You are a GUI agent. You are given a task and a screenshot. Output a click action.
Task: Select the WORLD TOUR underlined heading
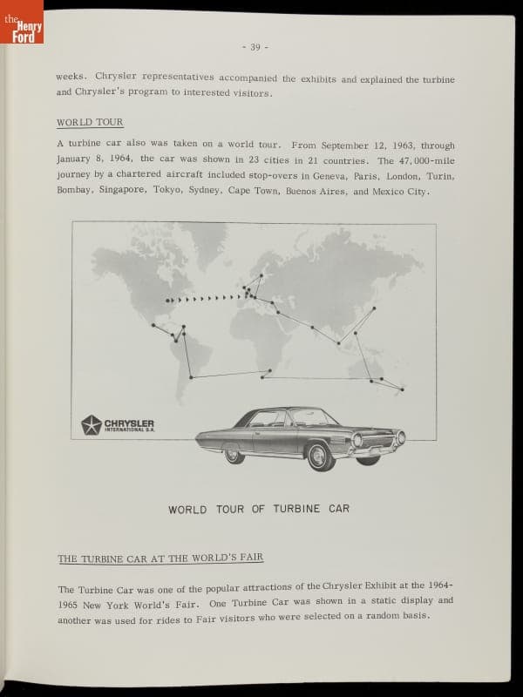click(x=90, y=122)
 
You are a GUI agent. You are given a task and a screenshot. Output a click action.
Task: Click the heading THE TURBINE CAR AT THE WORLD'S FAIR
click(x=160, y=558)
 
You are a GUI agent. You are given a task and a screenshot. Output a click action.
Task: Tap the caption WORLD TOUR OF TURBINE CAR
click(x=259, y=509)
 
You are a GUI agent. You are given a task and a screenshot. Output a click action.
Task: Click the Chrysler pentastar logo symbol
click(x=91, y=425)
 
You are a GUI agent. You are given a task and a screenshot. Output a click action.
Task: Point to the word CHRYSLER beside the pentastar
click(x=129, y=423)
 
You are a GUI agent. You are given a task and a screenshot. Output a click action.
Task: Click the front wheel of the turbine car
click(x=320, y=456)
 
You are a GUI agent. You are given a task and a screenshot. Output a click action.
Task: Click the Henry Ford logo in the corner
click(x=22, y=22)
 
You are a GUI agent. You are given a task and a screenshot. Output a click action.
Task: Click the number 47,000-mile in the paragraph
click(x=425, y=160)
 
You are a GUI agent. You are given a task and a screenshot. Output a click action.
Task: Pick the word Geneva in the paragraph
click(x=328, y=176)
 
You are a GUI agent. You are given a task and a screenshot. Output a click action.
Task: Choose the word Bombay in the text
click(x=74, y=191)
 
